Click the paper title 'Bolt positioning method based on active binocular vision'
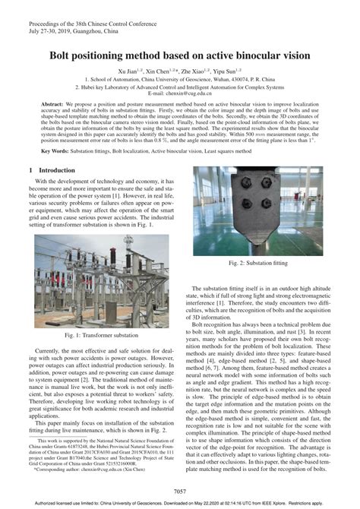(x=180, y=55)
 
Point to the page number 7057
(x=180, y=492)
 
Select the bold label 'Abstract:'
(x=52, y=103)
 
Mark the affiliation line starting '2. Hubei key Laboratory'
(x=180, y=85)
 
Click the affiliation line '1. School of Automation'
(x=180, y=78)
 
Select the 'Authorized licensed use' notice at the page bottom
(x=180, y=503)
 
